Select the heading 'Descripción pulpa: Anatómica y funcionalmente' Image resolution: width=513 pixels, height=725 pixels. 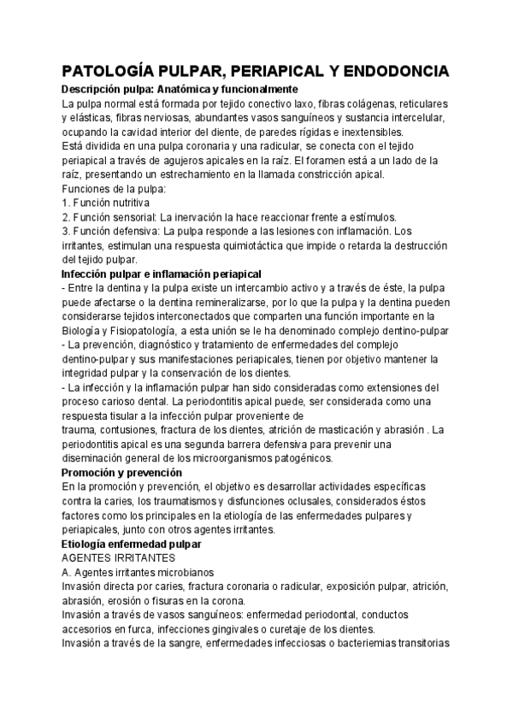pos(180,89)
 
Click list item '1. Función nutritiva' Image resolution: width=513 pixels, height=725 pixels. pos(107,203)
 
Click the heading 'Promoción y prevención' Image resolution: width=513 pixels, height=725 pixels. pos(122,472)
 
